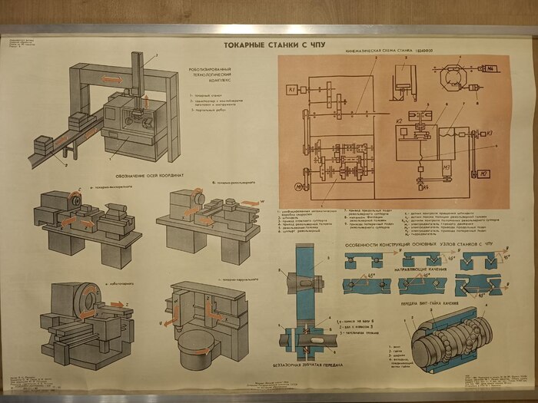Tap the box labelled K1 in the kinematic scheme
293,91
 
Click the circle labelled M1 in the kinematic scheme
298,186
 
